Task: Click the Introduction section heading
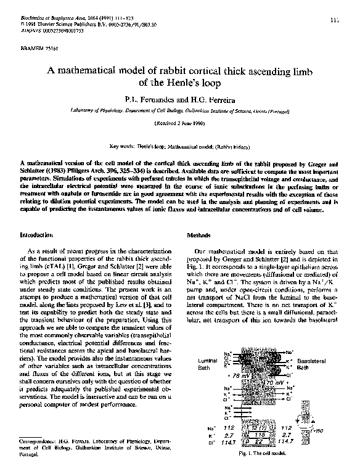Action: [x=36, y=236]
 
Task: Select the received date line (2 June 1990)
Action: [x=180, y=123]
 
